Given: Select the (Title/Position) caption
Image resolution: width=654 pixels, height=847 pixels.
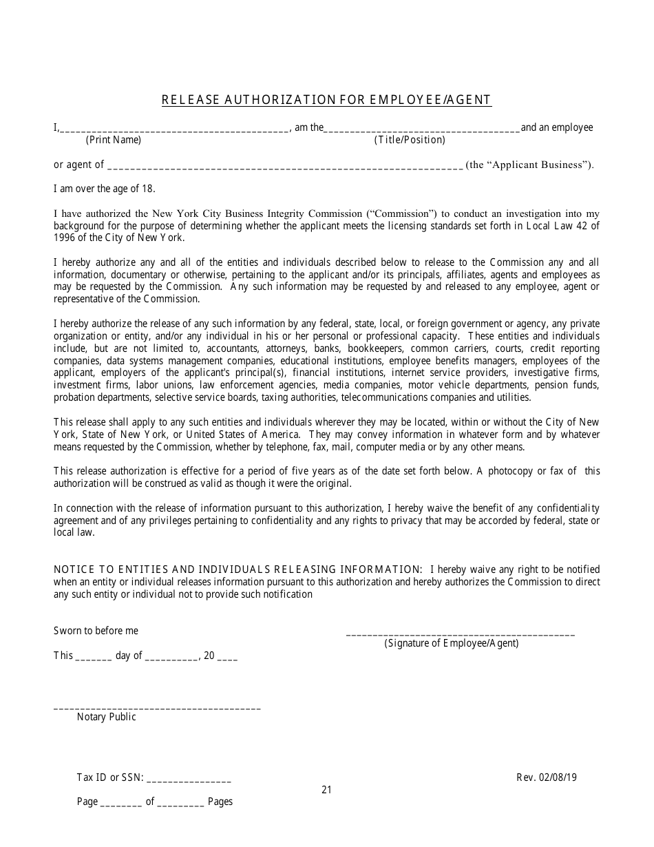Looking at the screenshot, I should (410, 140).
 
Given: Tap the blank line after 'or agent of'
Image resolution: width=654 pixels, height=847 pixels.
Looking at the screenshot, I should (285, 166).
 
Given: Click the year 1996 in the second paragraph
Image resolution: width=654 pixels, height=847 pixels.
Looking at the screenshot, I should (66, 238).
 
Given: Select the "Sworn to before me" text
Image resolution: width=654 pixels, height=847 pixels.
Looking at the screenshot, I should (96, 631).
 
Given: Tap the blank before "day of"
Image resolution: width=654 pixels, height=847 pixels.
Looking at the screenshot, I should (93, 657).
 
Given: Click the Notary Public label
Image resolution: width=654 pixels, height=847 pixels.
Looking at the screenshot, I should (106, 717).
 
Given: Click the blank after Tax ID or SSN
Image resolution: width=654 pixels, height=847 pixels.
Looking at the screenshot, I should (189, 780).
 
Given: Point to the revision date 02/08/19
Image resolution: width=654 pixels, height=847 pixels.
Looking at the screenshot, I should (558, 777).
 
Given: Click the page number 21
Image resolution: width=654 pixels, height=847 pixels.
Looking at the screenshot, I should (326, 790).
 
